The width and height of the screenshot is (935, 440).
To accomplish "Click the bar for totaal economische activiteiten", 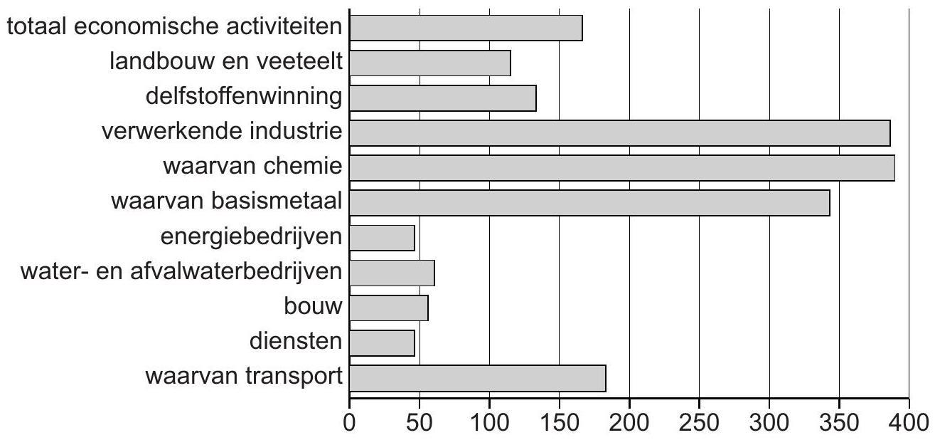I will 466,28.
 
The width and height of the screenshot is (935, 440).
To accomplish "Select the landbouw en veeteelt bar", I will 430,63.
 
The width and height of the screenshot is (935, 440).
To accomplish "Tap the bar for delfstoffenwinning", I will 443,98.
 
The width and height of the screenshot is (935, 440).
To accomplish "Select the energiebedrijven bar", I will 382,237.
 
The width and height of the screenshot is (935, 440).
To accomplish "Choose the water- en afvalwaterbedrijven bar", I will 392,272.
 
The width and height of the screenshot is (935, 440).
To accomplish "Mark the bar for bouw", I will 389,307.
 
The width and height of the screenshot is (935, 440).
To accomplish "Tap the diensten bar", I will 382,342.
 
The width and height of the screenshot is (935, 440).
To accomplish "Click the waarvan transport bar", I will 478,377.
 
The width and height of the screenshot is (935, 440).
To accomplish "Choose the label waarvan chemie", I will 254,167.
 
